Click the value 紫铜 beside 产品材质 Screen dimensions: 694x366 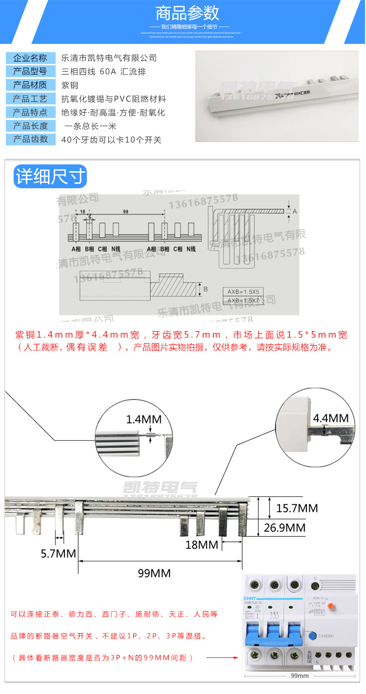tap(69, 85)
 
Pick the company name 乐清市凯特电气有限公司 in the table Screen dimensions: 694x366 tap(109, 58)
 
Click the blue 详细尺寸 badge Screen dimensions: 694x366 tap(50, 176)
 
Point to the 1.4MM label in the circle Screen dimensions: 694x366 tap(143, 419)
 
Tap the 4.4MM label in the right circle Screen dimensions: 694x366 tap(330, 418)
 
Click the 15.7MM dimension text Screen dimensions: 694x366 tap(297, 508)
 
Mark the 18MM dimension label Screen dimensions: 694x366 tap(201, 545)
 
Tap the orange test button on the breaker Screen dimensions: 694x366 tap(330, 606)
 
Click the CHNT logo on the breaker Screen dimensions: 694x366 tap(250, 599)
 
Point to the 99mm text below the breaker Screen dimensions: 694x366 tap(299, 675)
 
